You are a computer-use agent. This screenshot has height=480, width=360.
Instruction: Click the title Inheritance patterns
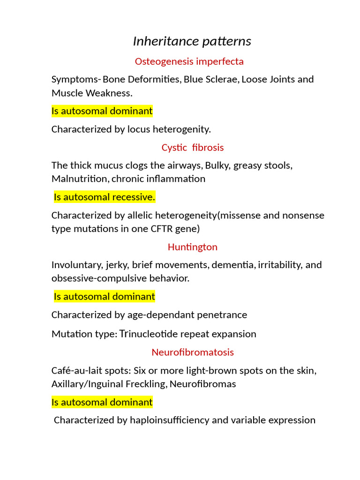[x=192, y=41]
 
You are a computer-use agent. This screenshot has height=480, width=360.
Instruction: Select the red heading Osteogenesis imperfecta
[x=189, y=61]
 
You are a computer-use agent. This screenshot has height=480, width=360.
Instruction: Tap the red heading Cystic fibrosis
[x=193, y=148]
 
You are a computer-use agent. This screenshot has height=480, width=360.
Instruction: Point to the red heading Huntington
[x=192, y=247]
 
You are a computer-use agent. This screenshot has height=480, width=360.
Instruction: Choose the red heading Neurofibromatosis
[x=192, y=352]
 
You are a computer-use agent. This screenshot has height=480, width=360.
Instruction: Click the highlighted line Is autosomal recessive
[x=104, y=197]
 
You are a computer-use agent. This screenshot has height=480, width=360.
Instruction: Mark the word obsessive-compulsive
[x=98, y=278]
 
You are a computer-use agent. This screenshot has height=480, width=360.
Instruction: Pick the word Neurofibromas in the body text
[x=202, y=384]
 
